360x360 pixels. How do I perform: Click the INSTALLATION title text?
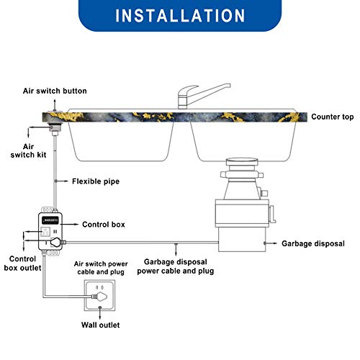(179, 16)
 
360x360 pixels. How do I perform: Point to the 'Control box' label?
(104, 225)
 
